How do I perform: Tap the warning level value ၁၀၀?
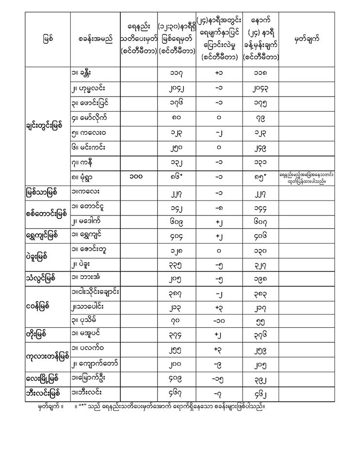point(138,177)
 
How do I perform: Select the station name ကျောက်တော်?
point(95,364)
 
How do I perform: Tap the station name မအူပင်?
point(89,334)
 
